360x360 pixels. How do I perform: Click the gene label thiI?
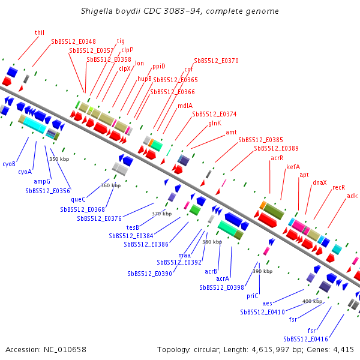coord(39,32)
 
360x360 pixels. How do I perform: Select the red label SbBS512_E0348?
coord(73,41)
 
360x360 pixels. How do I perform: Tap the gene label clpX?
coord(125,68)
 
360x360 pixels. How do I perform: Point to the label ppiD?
coord(159,67)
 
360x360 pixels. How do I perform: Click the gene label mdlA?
coord(185,106)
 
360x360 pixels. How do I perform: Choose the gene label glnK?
coord(215,124)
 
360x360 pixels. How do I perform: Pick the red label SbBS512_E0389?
coord(276,148)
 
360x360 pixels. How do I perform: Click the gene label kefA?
coord(293,167)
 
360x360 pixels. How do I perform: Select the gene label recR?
coord(338,187)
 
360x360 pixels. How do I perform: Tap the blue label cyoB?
coord(9,164)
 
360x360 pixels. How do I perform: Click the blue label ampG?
coord(42,182)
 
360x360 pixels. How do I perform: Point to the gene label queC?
coord(78,200)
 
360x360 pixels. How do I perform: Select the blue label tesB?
coord(133,227)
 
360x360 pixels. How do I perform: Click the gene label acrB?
coord(211,271)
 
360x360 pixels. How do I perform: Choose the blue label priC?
coord(253,296)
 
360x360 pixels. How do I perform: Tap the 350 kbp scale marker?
coord(59,159)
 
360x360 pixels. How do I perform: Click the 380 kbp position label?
coord(212,242)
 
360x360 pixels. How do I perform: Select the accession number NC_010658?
coord(65,350)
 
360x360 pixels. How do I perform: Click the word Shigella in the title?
coord(97,11)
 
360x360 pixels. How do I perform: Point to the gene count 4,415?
coord(343,350)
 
